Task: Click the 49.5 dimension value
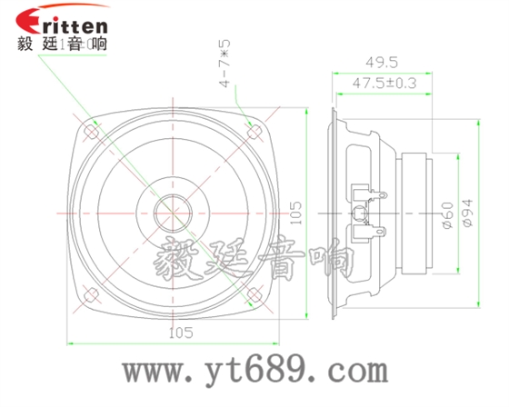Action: click(377, 62)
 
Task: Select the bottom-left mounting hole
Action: click(90, 293)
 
